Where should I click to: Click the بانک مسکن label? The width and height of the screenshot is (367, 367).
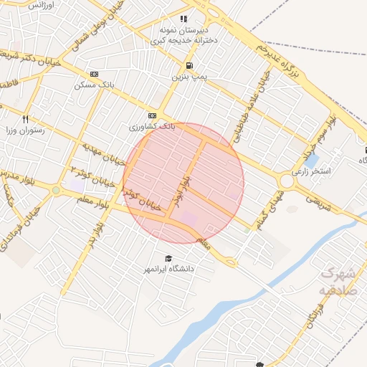coord(94,85)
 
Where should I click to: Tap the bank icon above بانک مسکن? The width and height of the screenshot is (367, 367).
coord(94,74)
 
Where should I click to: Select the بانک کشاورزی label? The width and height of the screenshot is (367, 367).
coord(152,126)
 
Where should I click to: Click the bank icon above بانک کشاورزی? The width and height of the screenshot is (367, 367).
coord(152,115)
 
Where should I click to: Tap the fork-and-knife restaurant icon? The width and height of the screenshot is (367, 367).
coord(26,120)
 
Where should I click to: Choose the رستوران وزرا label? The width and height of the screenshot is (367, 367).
coord(26,130)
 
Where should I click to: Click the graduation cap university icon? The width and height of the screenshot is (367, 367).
coord(168,258)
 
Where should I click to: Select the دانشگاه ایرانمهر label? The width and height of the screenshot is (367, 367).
coord(169,269)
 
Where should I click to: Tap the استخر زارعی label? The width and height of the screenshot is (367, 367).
coord(311,172)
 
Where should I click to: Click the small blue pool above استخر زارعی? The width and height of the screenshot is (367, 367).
coord(311,161)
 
